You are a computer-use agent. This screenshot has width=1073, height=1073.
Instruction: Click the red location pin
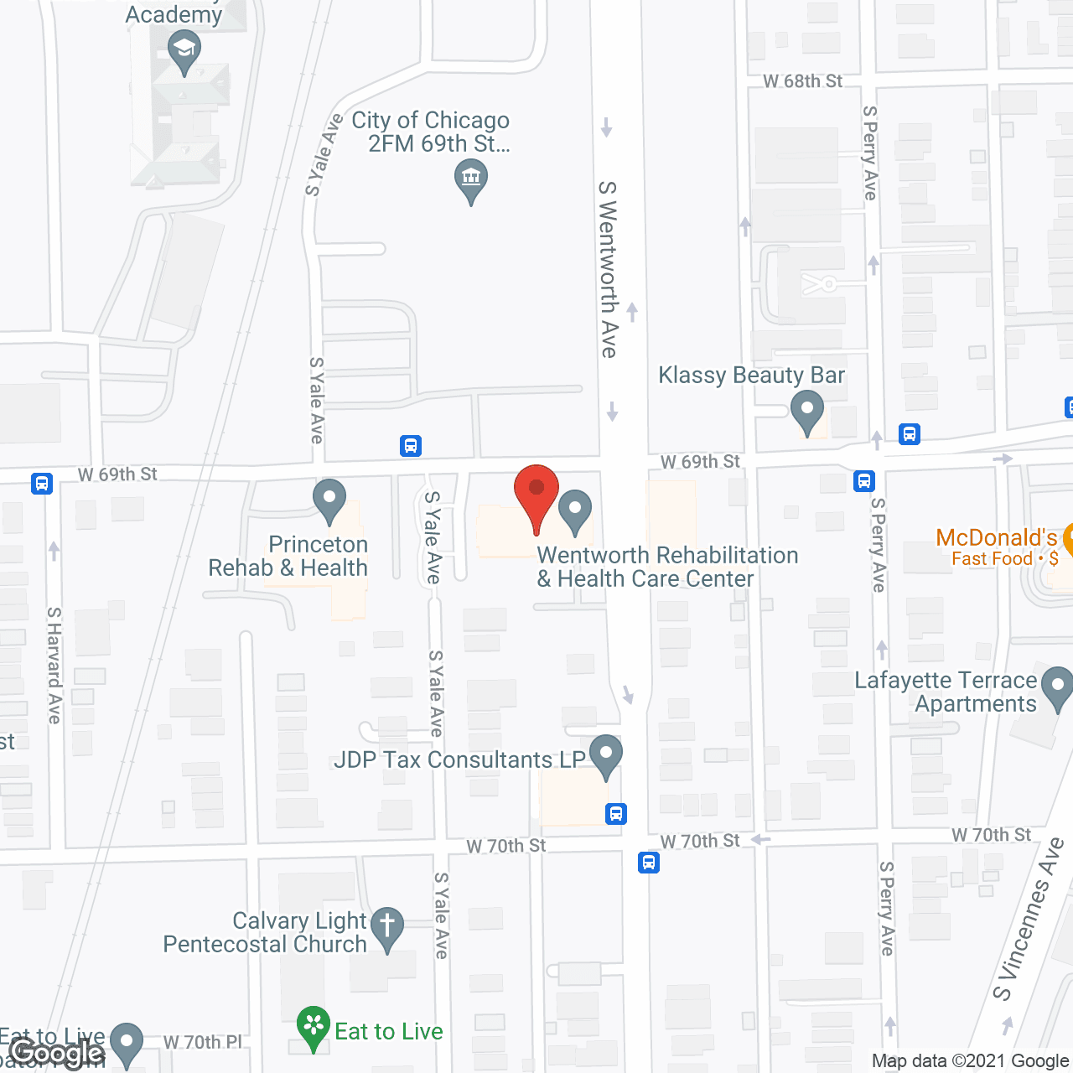coord(536,494)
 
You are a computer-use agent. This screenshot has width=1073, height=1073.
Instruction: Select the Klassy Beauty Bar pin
coord(807,413)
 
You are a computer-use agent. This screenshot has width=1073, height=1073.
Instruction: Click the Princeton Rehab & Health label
coord(288,556)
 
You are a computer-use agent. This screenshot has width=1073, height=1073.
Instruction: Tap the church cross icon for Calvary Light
coord(387,928)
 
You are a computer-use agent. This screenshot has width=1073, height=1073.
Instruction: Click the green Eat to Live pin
coord(314,1026)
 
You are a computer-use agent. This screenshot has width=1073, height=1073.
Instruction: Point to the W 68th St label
coord(802,81)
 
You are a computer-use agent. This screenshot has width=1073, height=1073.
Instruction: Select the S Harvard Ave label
coord(54,665)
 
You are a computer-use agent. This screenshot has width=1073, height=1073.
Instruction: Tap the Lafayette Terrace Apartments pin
coord(1058,687)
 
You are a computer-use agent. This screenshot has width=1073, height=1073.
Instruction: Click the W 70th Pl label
coord(202,1042)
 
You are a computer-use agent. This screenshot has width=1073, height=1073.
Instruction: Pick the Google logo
coord(58,1053)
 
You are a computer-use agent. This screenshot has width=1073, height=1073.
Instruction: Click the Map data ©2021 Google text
coord(971,1061)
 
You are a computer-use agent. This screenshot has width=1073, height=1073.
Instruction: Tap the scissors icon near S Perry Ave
coord(819,283)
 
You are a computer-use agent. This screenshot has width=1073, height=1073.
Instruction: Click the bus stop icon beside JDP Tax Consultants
coord(616,813)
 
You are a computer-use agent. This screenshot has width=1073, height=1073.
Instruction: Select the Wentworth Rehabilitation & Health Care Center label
coord(667,567)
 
